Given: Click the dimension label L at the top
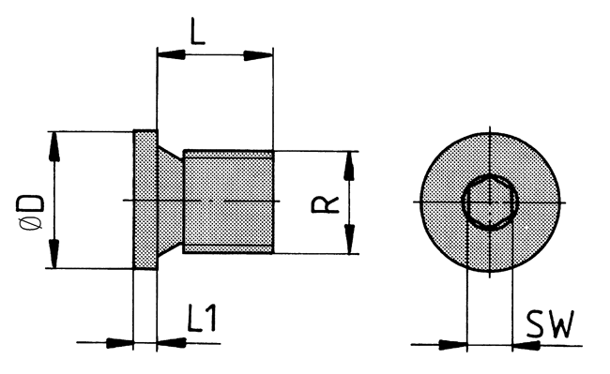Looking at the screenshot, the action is pyautogui.click(x=198, y=31).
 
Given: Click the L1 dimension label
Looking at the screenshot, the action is pyautogui.click(x=202, y=318).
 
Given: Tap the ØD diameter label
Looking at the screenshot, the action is pyautogui.click(x=30, y=213).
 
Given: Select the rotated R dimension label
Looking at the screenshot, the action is pyautogui.click(x=326, y=205).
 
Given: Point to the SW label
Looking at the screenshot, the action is pyautogui.click(x=550, y=324).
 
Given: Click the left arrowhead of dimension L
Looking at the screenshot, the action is pyautogui.click(x=172, y=54).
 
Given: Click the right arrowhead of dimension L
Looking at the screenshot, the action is pyautogui.click(x=258, y=55).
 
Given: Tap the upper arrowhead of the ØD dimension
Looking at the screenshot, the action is pyautogui.click(x=54, y=147).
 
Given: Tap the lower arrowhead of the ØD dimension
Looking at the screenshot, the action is pyautogui.click(x=54, y=253).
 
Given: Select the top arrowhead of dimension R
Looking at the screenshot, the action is pyautogui.click(x=350, y=166).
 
